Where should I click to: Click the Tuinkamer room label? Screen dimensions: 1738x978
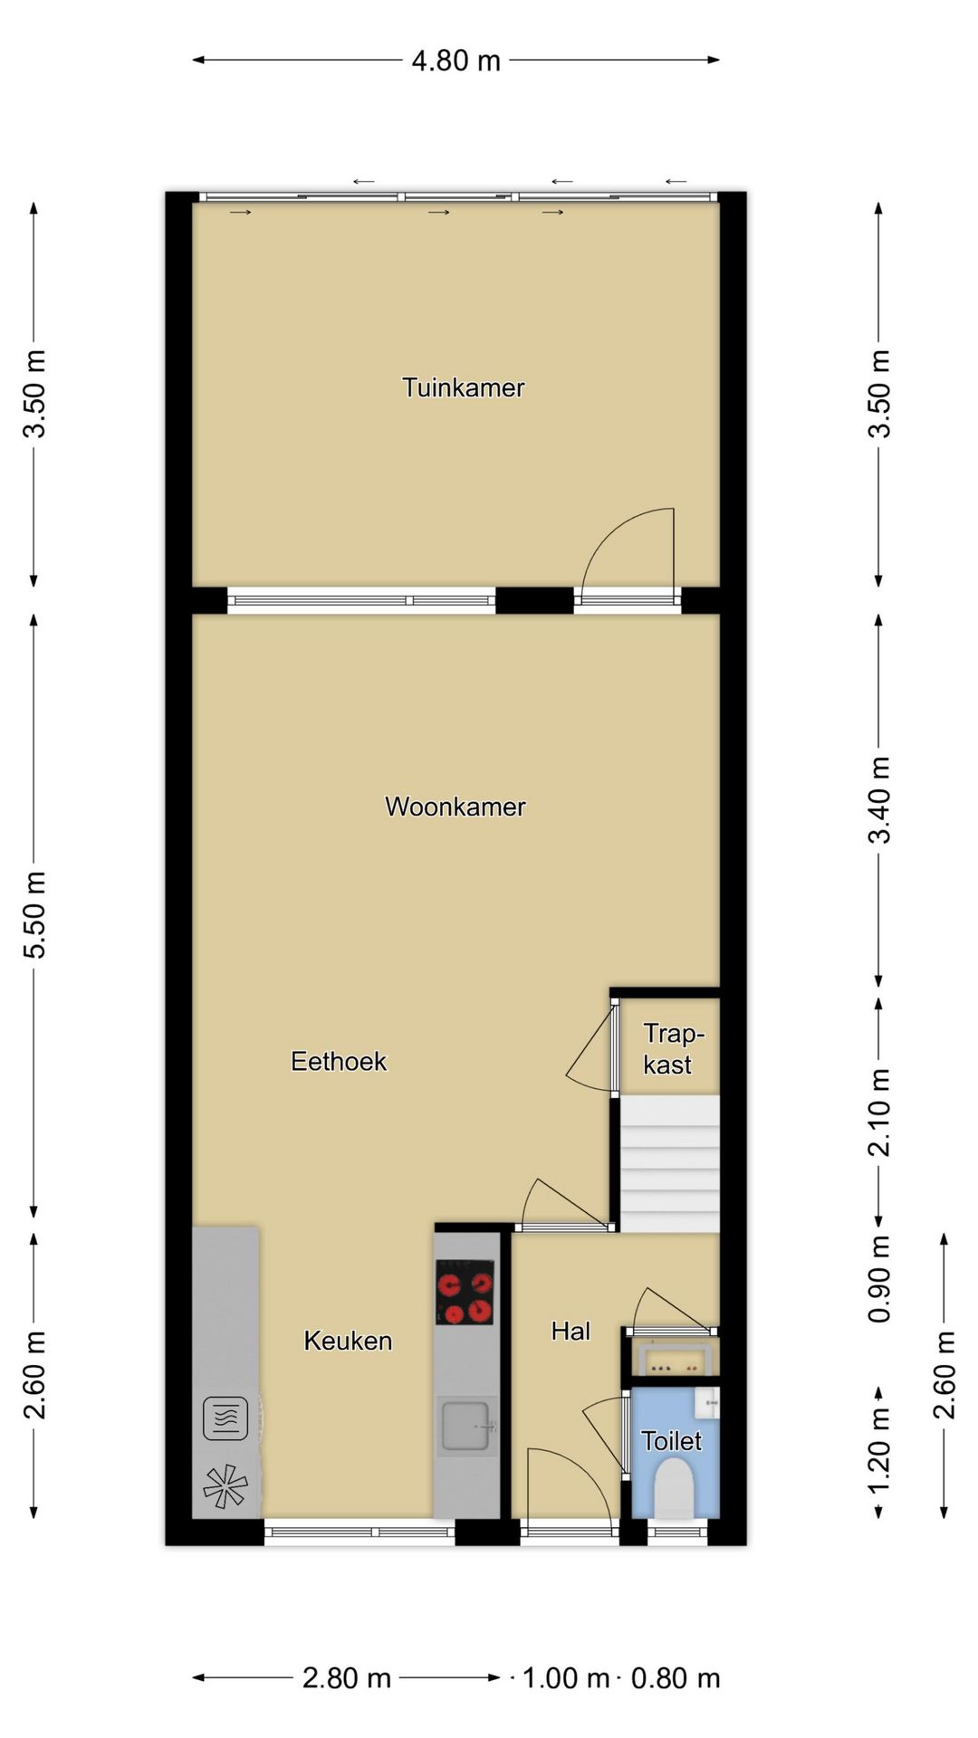coord(463,387)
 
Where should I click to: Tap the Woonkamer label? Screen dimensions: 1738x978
coord(455,807)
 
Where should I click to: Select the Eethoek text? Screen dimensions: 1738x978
coord(339,1061)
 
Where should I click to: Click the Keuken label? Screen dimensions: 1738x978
coord(348,1341)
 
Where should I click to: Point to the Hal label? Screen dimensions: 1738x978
coord(570,1331)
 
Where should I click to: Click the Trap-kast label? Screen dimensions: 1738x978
coord(670,1049)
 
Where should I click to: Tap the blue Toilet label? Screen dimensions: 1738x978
coord(671,1440)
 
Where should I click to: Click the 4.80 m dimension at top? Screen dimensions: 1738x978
coord(455,61)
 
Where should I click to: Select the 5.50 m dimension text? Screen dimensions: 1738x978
coord(34,914)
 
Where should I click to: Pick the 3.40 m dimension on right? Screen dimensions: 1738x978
coord(879,799)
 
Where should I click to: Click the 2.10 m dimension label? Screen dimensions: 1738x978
coord(879,1112)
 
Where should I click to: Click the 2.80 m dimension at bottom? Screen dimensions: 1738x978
coord(346,1678)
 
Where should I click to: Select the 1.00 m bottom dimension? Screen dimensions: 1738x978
coord(565,1678)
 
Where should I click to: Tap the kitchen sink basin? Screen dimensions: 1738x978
coord(465,1425)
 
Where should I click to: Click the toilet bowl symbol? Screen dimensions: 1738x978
coord(673,1491)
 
